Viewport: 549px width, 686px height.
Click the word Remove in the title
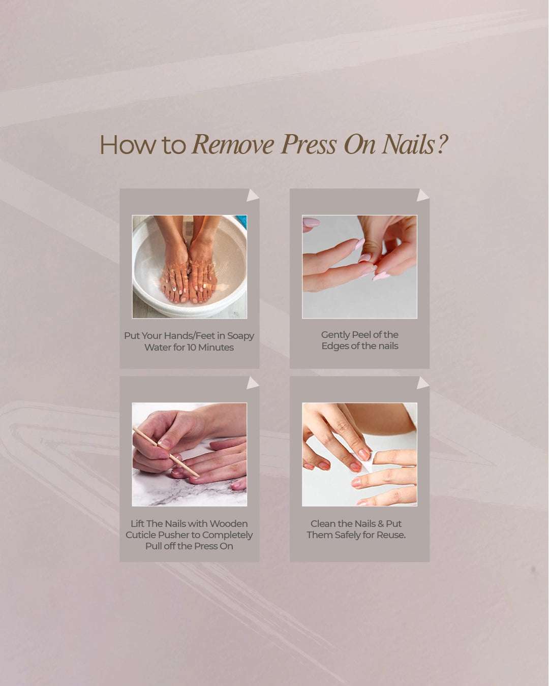pyautogui.click(x=233, y=145)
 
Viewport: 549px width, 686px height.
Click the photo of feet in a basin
pyautogui.click(x=190, y=267)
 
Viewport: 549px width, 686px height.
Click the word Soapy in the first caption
pyautogui.click(x=240, y=336)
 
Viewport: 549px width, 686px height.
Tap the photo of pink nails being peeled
pyautogui.click(x=359, y=267)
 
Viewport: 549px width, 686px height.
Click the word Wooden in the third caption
pyautogui.click(x=228, y=524)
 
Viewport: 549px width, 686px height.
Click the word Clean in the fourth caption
pyautogui.click(x=323, y=524)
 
